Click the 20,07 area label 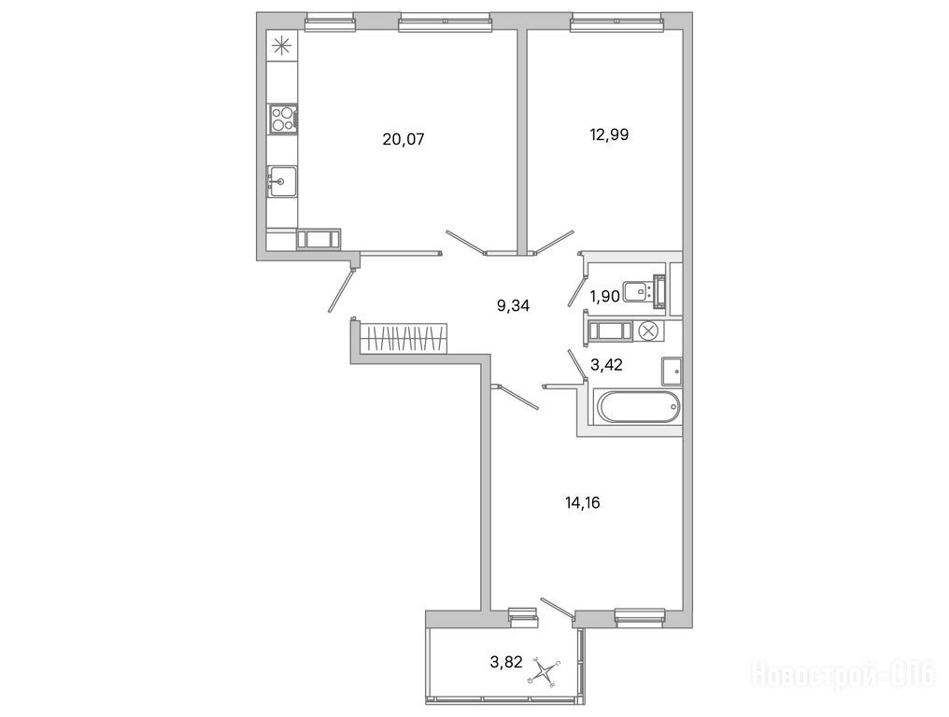tap(404, 140)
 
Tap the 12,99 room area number tap(609, 134)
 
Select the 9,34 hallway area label tap(513, 306)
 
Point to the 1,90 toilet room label tap(604, 297)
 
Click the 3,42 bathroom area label tap(606, 365)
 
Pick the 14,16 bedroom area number tap(583, 503)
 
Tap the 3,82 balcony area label tap(506, 662)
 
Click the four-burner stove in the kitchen tap(283, 118)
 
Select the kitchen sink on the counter tap(282, 181)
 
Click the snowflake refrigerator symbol tap(281, 47)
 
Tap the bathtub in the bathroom tap(638, 407)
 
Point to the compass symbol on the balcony tap(545, 672)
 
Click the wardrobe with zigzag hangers tap(404, 338)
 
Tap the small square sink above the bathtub tap(672, 372)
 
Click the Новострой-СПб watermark tap(843, 675)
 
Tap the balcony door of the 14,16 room tap(557, 610)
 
